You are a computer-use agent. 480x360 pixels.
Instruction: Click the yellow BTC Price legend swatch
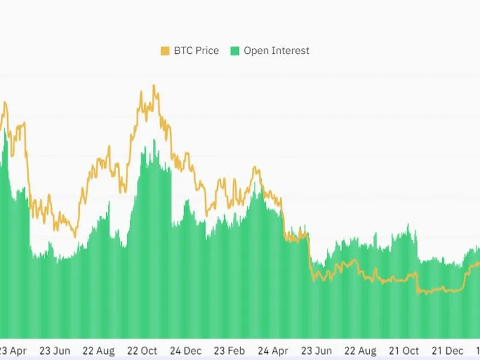pyautogui.click(x=164, y=51)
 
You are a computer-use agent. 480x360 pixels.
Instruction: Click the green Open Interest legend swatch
pyautogui.click(x=234, y=51)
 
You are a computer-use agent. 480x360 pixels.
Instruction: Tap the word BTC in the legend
pyautogui.click(x=183, y=51)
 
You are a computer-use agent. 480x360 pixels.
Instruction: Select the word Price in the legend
pyautogui.click(x=206, y=51)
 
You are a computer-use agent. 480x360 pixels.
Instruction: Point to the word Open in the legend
pyautogui.click(x=256, y=51)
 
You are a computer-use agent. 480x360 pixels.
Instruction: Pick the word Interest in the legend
pyautogui.click(x=290, y=51)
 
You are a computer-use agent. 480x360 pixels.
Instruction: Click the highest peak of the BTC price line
pyautogui.click(x=154, y=86)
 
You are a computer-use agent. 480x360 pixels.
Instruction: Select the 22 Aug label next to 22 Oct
pyautogui.click(x=99, y=350)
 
